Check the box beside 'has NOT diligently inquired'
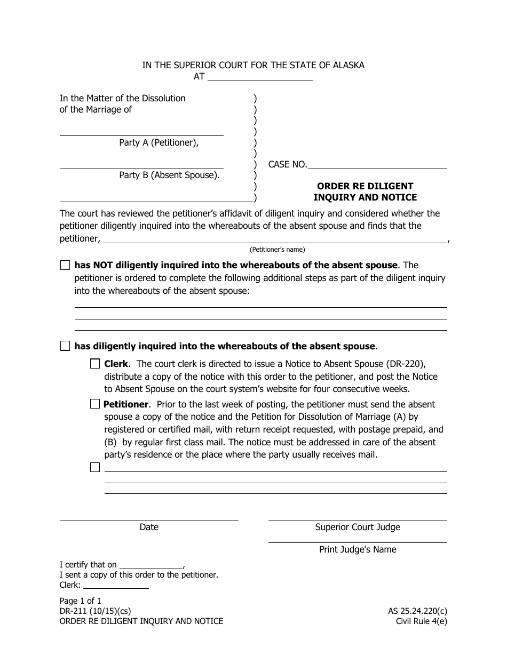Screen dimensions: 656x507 (x=65, y=265)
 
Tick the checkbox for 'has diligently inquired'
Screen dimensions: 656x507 (x=65, y=346)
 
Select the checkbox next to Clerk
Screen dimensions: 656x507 (x=95, y=364)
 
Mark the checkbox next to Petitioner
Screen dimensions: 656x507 (x=95, y=404)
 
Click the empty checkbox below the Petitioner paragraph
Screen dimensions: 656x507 (x=95, y=467)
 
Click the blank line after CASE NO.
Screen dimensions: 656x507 (x=377, y=165)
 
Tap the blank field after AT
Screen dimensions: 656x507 (x=260, y=77)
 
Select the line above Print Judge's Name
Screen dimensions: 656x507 (x=358, y=539)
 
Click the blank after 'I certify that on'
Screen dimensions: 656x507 (x=151, y=565)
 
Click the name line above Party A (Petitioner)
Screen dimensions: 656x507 (x=141, y=132)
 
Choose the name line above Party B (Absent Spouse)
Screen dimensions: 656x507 (x=141, y=164)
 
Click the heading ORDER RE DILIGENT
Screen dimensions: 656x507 (x=365, y=186)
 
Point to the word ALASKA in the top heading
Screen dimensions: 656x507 (x=347, y=65)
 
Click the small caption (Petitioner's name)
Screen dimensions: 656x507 (x=277, y=250)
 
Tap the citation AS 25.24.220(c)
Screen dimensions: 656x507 (x=417, y=611)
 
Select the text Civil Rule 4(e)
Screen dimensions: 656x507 (x=421, y=621)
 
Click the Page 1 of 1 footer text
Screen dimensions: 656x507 (x=81, y=601)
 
